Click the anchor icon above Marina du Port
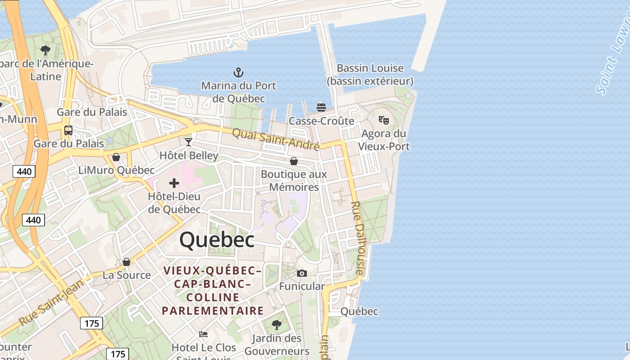(238, 72)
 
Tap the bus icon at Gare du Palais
(68, 130)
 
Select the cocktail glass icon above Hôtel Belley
(189, 142)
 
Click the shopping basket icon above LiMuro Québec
(116, 157)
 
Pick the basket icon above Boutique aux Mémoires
(294, 161)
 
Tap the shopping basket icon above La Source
(126, 262)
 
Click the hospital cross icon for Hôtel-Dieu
(174, 183)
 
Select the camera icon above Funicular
(302, 273)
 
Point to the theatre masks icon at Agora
(383, 120)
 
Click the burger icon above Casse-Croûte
(321, 107)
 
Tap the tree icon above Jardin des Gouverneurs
(277, 324)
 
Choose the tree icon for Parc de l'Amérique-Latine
(45, 50)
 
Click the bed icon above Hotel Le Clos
(203, 334)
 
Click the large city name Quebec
(217, 240)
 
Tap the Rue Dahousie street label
(356, 238)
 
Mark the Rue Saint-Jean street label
(51, 302)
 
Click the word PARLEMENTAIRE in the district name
(213, 310)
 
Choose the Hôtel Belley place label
(189, 156)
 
